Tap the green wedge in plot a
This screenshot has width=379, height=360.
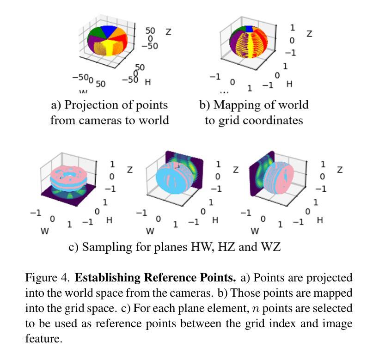tap(96, 32)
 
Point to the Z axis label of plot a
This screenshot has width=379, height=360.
tap(168, 32)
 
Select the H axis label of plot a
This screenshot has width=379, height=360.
tap(148, 82)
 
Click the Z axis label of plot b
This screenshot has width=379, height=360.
tap(309, 34)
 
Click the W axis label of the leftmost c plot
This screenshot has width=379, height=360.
tap(44, 231)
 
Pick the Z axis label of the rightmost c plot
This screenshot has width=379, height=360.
tap(340, 170)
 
